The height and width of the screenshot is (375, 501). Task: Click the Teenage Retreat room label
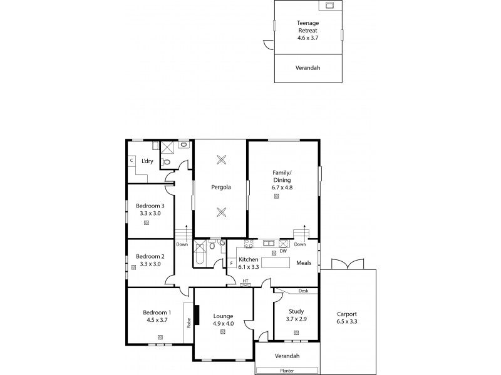click(307, 26)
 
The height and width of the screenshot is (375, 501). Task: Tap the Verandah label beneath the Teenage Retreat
click(307, 67)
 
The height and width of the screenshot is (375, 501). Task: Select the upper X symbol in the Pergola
click(220, 159)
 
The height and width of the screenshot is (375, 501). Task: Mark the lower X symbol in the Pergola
click(220, 212)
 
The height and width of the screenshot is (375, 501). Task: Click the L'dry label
click(147, 161)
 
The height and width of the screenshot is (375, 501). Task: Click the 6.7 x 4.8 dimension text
click(282, 187)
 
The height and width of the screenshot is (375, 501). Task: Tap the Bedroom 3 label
click(150, 206)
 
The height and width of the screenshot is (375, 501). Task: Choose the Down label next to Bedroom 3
click(182, 244)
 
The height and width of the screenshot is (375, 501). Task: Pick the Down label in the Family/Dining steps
click(300, 244)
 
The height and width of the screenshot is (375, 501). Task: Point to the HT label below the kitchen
click(246, 279)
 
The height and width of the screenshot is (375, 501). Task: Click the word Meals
click(304, 262)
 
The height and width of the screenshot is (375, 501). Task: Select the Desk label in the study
click(303, 291)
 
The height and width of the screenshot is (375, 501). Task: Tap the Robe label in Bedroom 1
click(189, 323)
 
